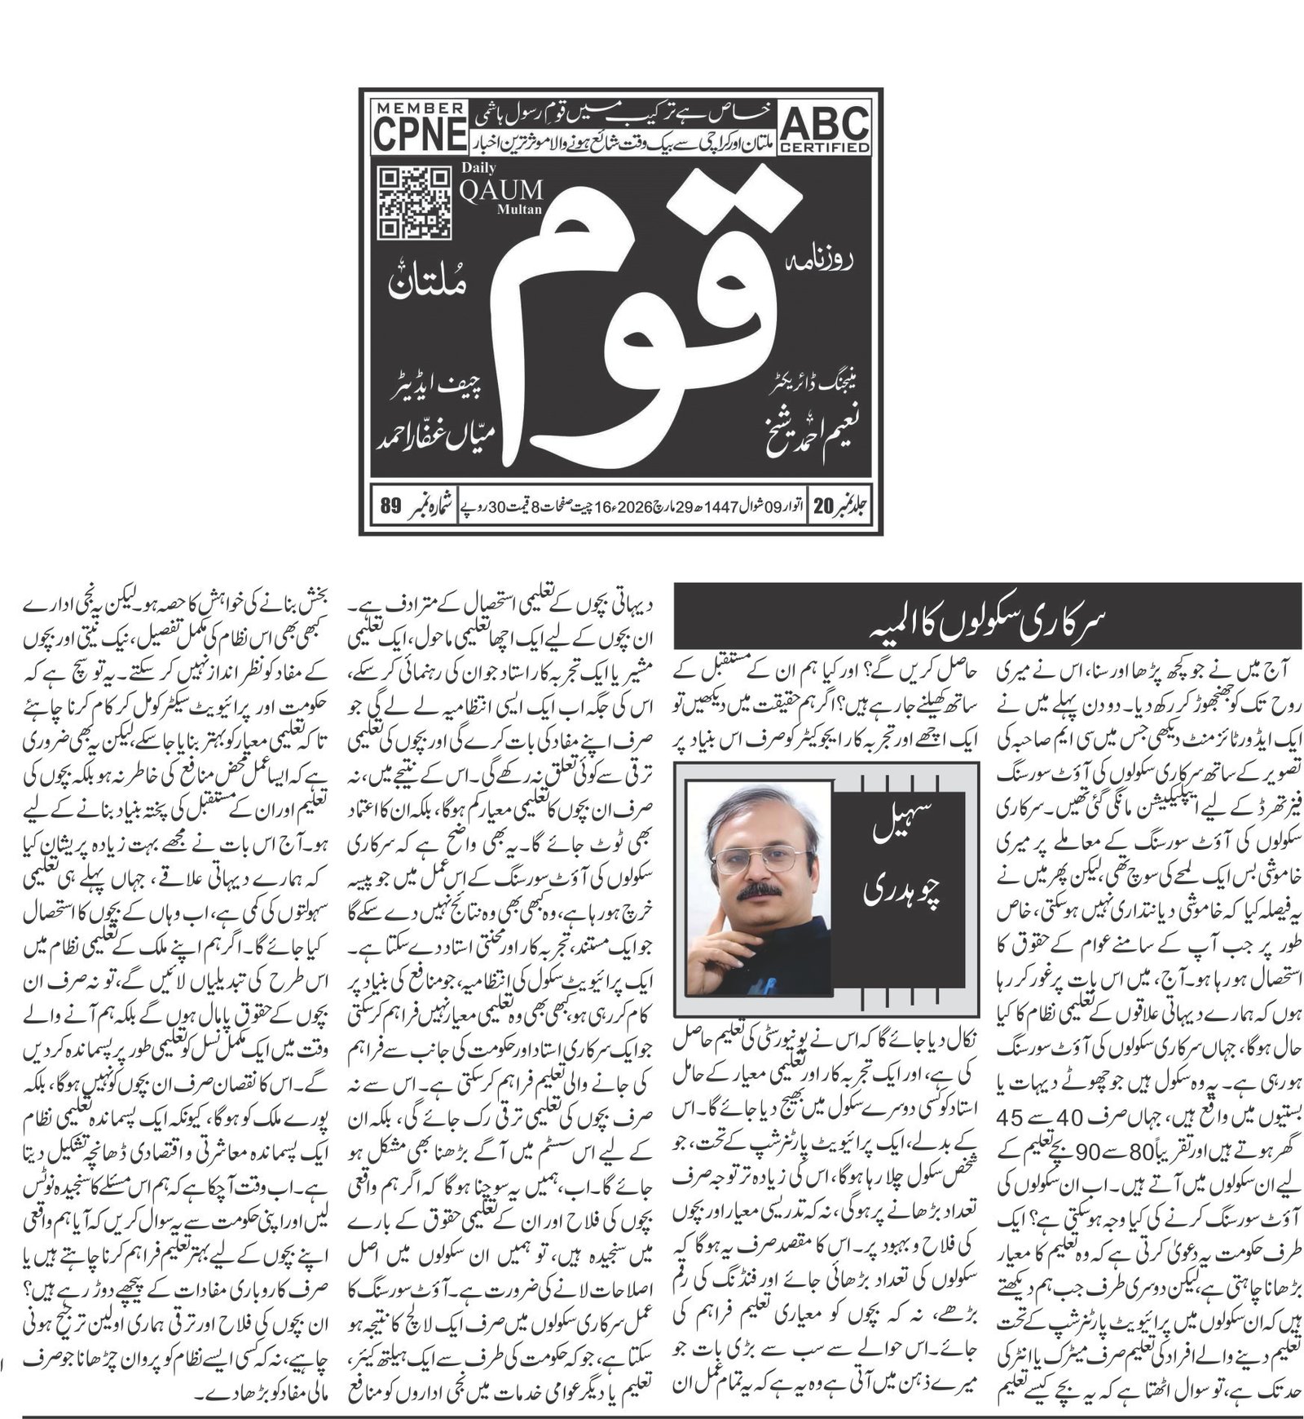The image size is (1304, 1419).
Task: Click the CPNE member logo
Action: (x=420, y=127)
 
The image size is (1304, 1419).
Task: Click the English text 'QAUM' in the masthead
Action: (x=501, y=192)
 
